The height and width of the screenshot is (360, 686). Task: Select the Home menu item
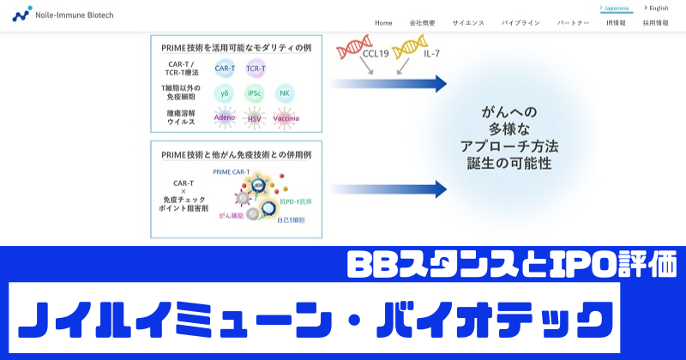(383, 22)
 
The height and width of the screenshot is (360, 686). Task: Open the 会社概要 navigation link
(423, 22)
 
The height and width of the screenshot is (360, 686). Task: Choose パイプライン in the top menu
(521, 22)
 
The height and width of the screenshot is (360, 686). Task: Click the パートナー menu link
(573, 22)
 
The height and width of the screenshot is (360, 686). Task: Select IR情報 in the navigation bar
(616, 22)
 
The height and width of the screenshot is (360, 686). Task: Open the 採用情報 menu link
(655, 22)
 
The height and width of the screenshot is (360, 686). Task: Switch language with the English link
(657, 8)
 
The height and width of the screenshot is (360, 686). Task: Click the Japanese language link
(616, 8)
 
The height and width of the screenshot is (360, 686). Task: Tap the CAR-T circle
(226, 68)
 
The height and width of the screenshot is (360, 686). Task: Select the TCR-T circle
(256, 68)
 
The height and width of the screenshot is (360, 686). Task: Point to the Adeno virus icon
(225, 117)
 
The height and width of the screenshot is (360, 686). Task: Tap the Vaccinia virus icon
(286, 117)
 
